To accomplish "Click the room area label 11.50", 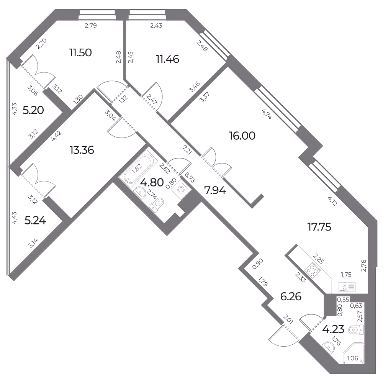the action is click(x=80, y=52).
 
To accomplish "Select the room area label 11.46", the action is click(x=168, y=59).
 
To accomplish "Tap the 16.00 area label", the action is click(x=242, y=136).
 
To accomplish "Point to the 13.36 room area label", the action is click(x=82, y=150).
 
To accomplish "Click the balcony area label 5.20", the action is click(x=33, y=110).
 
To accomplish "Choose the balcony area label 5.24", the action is click(x=35, y=221).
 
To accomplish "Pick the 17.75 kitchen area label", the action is click(x=319, y=227).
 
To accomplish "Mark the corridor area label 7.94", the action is click(x=215, y=190).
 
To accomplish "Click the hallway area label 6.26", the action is click(x=291, y=297).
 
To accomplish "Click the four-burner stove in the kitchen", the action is click(x=313, y=271).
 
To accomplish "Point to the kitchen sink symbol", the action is click(x=347, y=287).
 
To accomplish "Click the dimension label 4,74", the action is click(x=266, y=114).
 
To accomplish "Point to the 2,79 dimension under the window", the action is click(x=91, y=25).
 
